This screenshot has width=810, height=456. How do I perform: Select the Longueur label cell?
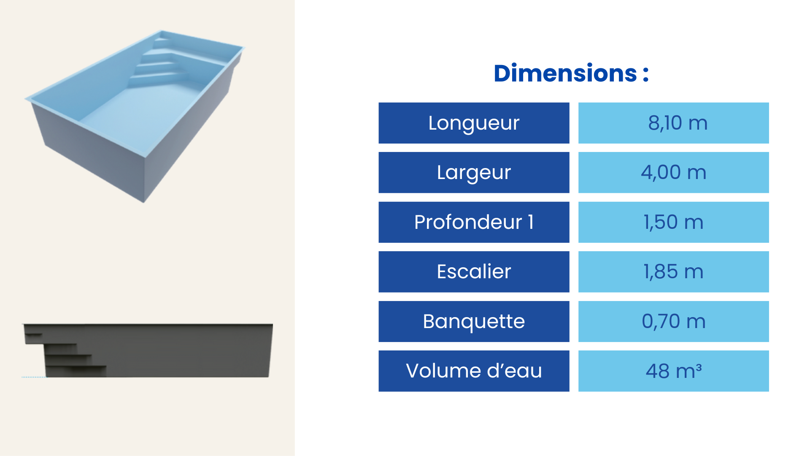(x=474, y=123)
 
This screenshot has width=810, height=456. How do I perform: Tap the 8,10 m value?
(x=678, y=123)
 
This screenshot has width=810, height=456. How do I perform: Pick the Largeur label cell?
(x=474, y=173)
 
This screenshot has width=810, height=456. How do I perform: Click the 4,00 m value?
(x=673, y=172)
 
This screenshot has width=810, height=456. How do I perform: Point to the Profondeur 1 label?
(x=474, y=222)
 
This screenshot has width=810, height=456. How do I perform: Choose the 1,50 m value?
(x=673, y=222)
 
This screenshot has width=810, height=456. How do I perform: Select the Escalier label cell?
(x=474, y=272)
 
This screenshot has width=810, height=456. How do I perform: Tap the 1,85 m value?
(x=673, y=271)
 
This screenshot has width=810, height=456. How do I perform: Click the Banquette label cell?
(x=474, y=321)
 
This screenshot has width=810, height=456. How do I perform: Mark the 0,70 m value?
(x=673, y=321)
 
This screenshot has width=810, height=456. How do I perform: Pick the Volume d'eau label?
(x=474, y=371)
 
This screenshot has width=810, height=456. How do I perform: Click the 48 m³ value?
(x=673, y=371)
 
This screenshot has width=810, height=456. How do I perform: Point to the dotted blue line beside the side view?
(x=34, y=377)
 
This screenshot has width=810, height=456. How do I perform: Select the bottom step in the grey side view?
(x=76, y=371)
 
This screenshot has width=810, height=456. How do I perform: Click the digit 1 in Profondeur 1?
(x=531, y=222)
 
